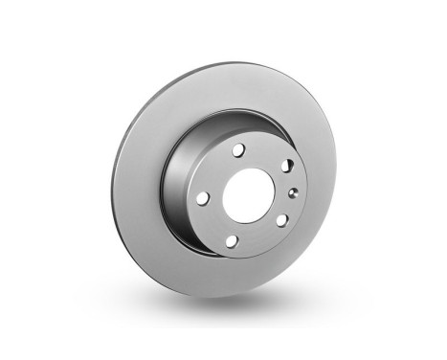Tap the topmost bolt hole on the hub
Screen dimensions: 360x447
pyautogui.click(x=239, y=150)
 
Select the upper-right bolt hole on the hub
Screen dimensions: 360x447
pyautogui.click(x=286, y=166)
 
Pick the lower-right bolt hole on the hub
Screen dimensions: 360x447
pyautogui.click(x=281, y=219)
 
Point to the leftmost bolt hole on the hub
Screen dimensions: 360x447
pyautogui.click(x=203, y=197)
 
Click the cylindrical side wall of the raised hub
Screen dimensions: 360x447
pyautogui.click(x=177, y=191)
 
